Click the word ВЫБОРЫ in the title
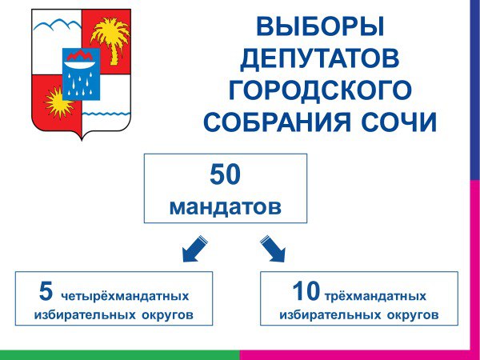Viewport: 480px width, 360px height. [x=320, y=27]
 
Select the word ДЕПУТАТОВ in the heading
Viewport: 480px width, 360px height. [x=319, y=59]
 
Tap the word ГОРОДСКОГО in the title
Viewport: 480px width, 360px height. [x=320, y=90]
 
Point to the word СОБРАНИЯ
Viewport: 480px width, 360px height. [x=277, y=122]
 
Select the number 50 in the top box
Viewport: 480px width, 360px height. [x=225, y=174]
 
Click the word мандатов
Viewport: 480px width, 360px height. [x=225, y=207]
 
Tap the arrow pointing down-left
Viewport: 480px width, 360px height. [x=194, y=249]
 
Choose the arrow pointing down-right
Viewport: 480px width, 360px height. [x=273, y=249]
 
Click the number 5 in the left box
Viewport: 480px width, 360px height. [x=46, y=291]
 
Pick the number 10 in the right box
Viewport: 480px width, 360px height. [x=306, y=291]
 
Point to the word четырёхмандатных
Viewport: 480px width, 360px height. [x=125, y=297]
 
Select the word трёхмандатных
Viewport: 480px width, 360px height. [x=375, y=297]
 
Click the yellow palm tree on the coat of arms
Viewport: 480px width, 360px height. [x=111, y=39]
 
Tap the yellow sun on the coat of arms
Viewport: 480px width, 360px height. [x=58, y=102]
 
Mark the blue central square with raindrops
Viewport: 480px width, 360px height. [x=81, y=74]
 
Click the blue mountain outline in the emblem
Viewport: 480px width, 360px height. [x=58, y=25]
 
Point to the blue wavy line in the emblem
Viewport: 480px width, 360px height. [x=106, y=114]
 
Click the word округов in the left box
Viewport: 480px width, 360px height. [x=167, y=315]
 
